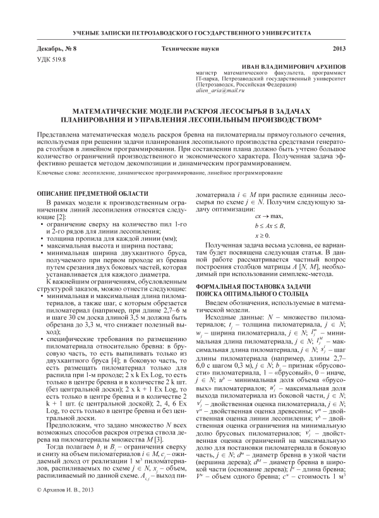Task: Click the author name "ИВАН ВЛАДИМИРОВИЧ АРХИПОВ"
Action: coord(298,66)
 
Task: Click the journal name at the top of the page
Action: coord(189,30)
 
